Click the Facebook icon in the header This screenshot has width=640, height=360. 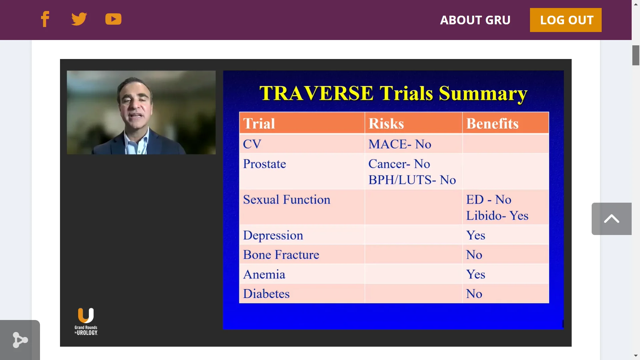point(45,19)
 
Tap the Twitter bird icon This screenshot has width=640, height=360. point(79,19)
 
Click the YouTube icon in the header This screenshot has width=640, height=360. point(113,19)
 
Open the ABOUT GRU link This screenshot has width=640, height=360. point(475,20)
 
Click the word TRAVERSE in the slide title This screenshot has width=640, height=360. point(316,93)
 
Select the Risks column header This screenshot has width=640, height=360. point(386,123)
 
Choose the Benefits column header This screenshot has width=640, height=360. point(492,123)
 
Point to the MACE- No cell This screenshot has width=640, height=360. point(400,144)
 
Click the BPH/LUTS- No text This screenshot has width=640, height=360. point(412,180)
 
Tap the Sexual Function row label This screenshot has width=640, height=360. point(286,200)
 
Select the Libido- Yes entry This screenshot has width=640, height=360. point(497,216)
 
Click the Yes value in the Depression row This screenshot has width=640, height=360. point(475,235)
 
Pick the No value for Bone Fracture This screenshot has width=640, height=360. point(474,255)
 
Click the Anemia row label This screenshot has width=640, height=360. point(264,274)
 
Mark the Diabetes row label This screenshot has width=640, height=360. point(266,294)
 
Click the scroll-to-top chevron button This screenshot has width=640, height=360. point(611,219)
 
